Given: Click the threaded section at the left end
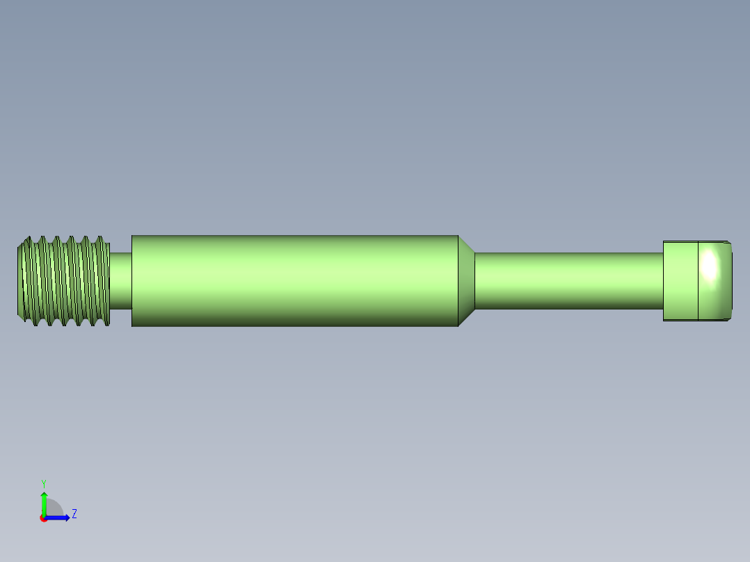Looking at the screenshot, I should (x=63, y=280).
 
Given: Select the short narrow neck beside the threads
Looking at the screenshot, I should (x=120, y=280).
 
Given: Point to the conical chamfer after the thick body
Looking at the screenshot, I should (x=466, y=280).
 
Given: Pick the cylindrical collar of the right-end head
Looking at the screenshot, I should (x=680, y=280).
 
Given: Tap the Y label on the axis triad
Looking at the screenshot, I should (x=43, y=483).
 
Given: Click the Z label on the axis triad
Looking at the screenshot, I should (x=74, y=514).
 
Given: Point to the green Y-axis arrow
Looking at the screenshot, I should (x=44, y=502).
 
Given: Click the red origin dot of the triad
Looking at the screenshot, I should (x=44, y=518).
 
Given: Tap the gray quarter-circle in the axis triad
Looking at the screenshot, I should (x=54, y=509).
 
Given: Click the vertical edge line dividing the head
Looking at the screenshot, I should (x=698, y=280).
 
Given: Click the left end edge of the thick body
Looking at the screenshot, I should (x=131, y=280).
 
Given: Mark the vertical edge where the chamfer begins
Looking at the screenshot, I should (x=458, y=280).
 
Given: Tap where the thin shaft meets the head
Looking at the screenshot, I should (x=664, y=280).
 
